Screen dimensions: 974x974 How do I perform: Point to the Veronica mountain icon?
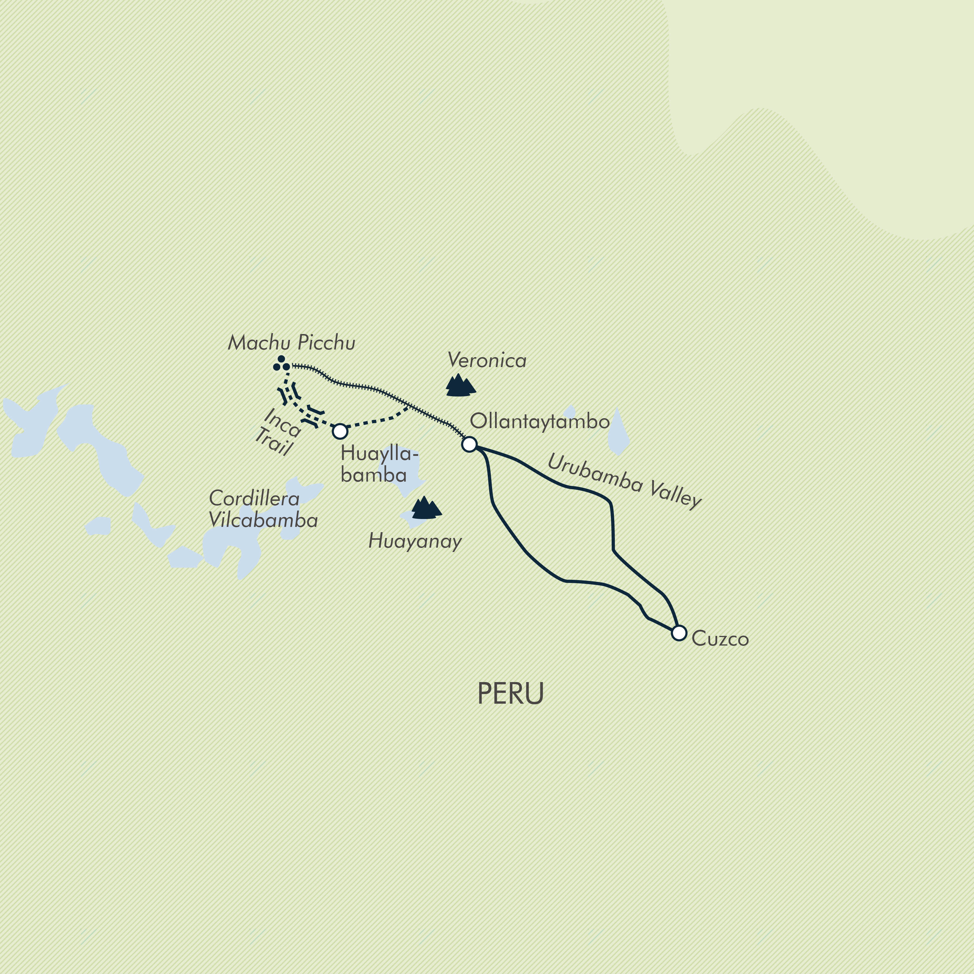click(x=460, y=386)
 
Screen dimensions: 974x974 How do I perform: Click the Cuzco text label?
click(x=720, y=639)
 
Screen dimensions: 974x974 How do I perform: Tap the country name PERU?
click(x=510, y=694)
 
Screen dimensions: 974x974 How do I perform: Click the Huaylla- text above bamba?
click(x=379, y=454)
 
